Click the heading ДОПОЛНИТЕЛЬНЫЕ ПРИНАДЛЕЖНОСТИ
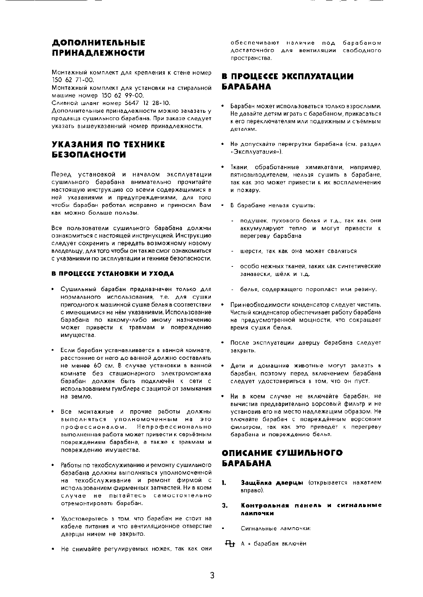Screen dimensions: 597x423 tap(98, 48)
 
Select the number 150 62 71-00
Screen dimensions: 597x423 tap(73, 80)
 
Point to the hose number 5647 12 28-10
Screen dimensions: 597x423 tap(145, 103)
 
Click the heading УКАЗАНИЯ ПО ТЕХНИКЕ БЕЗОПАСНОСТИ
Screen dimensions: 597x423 tap(108, 149)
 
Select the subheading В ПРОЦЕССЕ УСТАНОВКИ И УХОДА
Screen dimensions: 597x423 tap(113, 273)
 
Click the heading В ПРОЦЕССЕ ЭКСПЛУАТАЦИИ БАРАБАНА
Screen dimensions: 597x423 tap(287, 81)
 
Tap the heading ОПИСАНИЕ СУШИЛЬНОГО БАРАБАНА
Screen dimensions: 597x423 tap(282, 458)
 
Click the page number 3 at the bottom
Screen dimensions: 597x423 tap(212, 576)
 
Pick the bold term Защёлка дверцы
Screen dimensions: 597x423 tap(272, 482)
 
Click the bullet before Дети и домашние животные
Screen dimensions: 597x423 tap(223, 366)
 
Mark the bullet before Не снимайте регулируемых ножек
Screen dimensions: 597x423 tap(53, 549)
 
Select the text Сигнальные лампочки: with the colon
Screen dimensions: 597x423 tap(276, 528)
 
